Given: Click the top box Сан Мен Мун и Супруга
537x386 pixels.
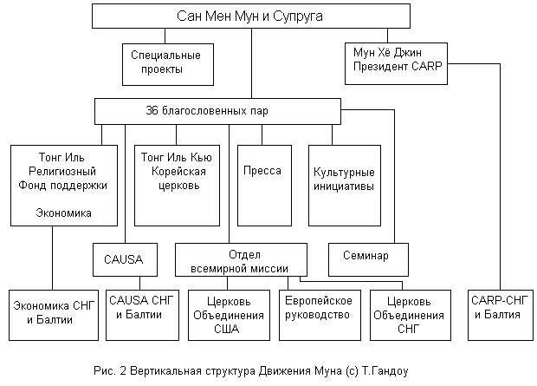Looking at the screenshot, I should (250, 16).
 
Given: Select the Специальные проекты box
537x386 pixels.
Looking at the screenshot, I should (167, 62).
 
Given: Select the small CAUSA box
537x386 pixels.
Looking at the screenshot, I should (125, 258).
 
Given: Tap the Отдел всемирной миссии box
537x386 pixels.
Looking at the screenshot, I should (244, 259).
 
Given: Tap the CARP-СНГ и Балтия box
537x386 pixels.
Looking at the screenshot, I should (497, 308).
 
